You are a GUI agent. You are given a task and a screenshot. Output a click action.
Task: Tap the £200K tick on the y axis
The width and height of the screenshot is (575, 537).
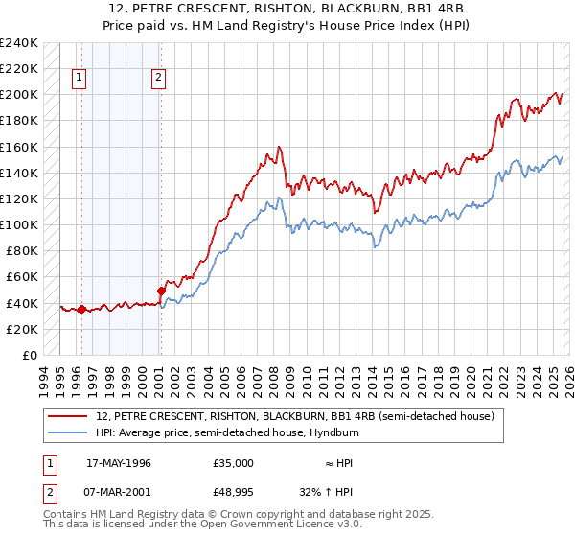point(18,95)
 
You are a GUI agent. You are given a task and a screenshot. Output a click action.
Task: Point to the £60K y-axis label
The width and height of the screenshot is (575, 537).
point(21,277)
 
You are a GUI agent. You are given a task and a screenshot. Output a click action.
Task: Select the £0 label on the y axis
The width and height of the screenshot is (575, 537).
point(30,355)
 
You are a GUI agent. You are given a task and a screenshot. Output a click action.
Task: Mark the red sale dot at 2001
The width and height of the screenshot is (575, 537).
point(161,291)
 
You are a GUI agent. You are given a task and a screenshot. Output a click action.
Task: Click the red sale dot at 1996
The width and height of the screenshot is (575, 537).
point(81,309)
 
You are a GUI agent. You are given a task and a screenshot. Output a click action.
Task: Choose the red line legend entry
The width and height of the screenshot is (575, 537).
point(294,416)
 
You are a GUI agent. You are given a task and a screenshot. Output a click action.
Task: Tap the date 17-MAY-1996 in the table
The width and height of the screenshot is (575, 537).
point(119,462)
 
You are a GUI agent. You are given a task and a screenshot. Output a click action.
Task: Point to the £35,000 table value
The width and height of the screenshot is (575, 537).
point(234,462)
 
